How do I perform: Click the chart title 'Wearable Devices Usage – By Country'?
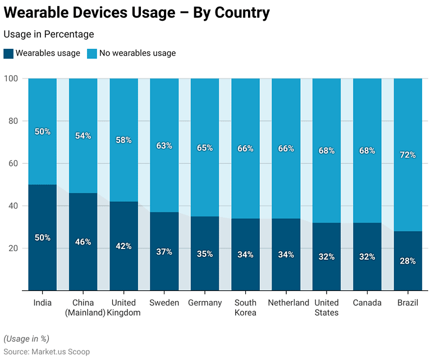136,13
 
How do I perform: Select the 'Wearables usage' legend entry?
42,53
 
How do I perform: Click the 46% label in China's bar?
83,242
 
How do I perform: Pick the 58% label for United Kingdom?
123,140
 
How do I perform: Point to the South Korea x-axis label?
245,307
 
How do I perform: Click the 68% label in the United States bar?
327,151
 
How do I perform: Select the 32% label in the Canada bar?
367,256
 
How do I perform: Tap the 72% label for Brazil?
407,155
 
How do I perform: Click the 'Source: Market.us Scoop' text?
47,351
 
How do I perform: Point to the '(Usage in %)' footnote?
26,339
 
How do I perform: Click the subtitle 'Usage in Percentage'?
49,35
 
